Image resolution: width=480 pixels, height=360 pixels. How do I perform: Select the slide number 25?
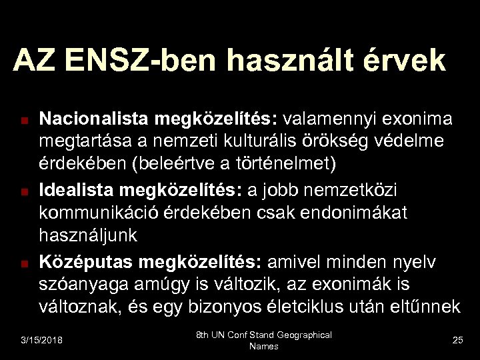[x=457, y=341]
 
